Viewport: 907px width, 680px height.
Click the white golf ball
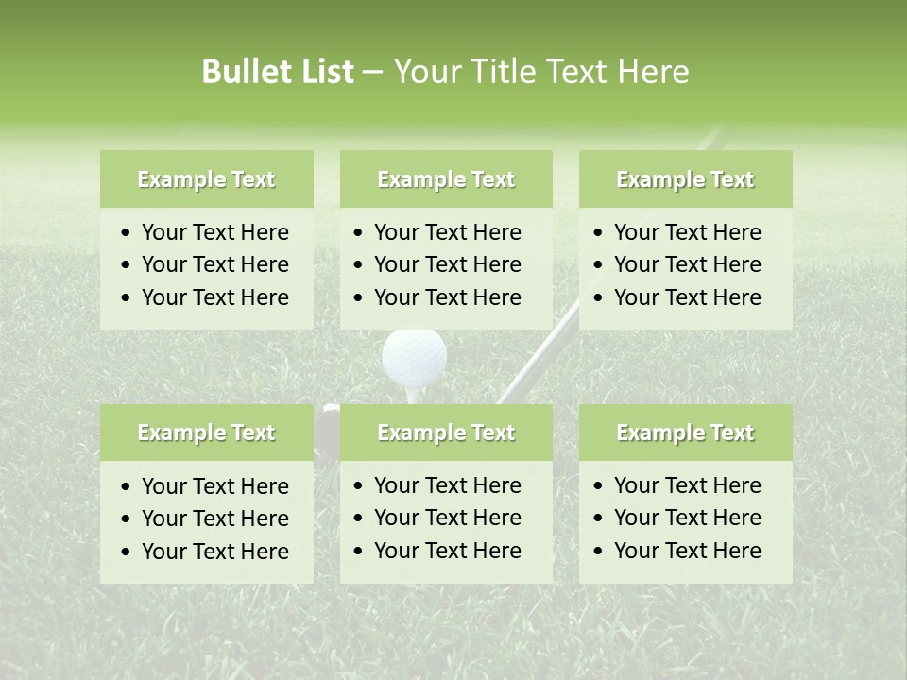click(414, 356)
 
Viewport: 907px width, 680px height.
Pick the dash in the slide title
click(372, 72)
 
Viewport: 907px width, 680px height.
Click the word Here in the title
click(654, 72)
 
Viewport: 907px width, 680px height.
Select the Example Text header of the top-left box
click(206, 179)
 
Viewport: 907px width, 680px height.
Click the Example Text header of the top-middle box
click(446, 179)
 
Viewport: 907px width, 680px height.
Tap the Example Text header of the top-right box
click(685, 179)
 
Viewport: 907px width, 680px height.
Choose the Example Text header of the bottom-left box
click(206, 433)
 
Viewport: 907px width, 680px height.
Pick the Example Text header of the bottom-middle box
click(446, 433)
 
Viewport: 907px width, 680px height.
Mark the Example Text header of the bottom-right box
click(685, 433)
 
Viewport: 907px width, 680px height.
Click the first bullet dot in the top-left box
click(127, 233)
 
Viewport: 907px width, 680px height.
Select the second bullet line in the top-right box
click(687, 264)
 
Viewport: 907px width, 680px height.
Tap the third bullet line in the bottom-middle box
click(447, 550)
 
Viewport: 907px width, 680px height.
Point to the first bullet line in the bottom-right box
click(687, 485)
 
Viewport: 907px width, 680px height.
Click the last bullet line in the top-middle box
click(447, 297)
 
